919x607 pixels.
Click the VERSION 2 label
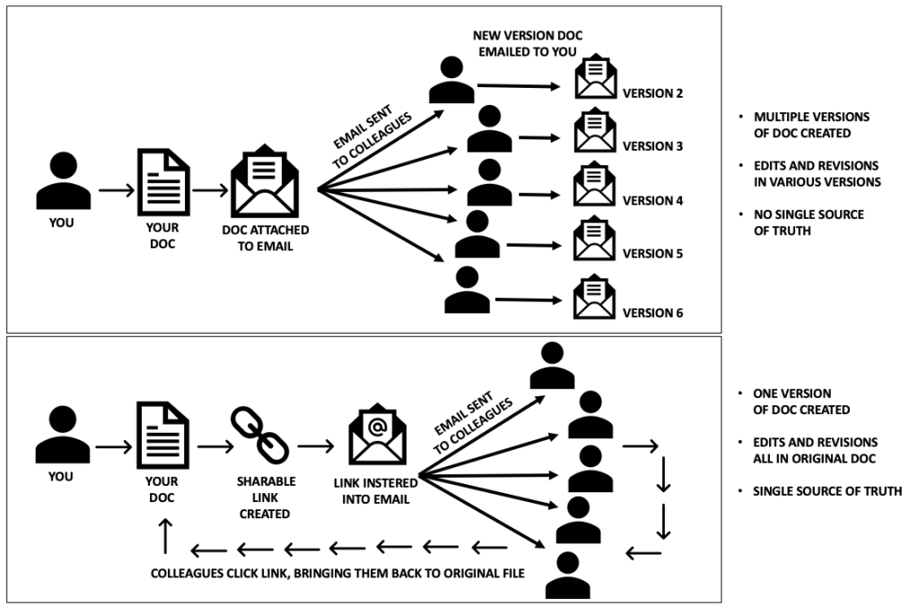(653, 92)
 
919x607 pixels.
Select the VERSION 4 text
(653, 200)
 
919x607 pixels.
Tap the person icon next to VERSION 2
(451, 80)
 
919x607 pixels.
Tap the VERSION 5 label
(653, 254)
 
